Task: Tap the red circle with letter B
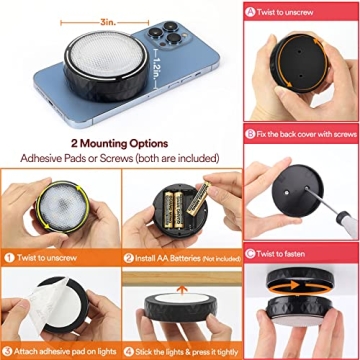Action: [x=249, y=131]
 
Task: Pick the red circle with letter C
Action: [x=249, y=254]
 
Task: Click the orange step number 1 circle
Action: [x=8, y=257]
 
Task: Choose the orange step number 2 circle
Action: [x=129, y=257]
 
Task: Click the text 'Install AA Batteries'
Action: [x=166, y=257]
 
